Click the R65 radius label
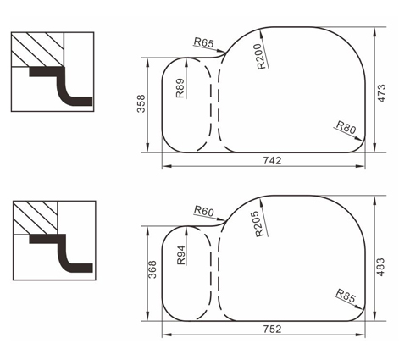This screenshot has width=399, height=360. (x=204, y=43)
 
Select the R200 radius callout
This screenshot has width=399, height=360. (x=262, y=56)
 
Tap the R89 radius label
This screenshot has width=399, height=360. (x=180, y=88)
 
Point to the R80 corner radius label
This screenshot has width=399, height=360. (x=346, y=127)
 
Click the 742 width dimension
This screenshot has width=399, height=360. (x=272, y=161)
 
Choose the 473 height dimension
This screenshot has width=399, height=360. (x=381, y=93)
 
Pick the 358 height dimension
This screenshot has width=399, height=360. (x=141, y=103)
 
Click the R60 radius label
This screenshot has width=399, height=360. (x=204, y=211)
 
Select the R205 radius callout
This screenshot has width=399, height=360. (x=260, y=224)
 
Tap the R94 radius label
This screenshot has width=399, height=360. (x=180, y=255)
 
